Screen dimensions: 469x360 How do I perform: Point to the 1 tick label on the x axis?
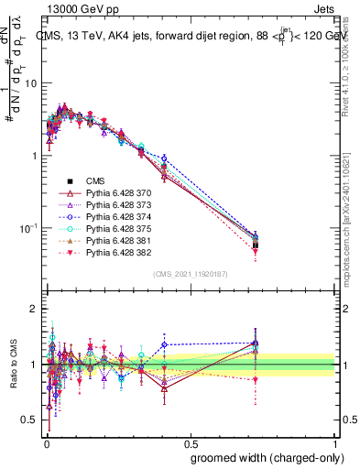click(335, 442)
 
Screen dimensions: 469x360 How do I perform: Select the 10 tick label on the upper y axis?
click(30, 83)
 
